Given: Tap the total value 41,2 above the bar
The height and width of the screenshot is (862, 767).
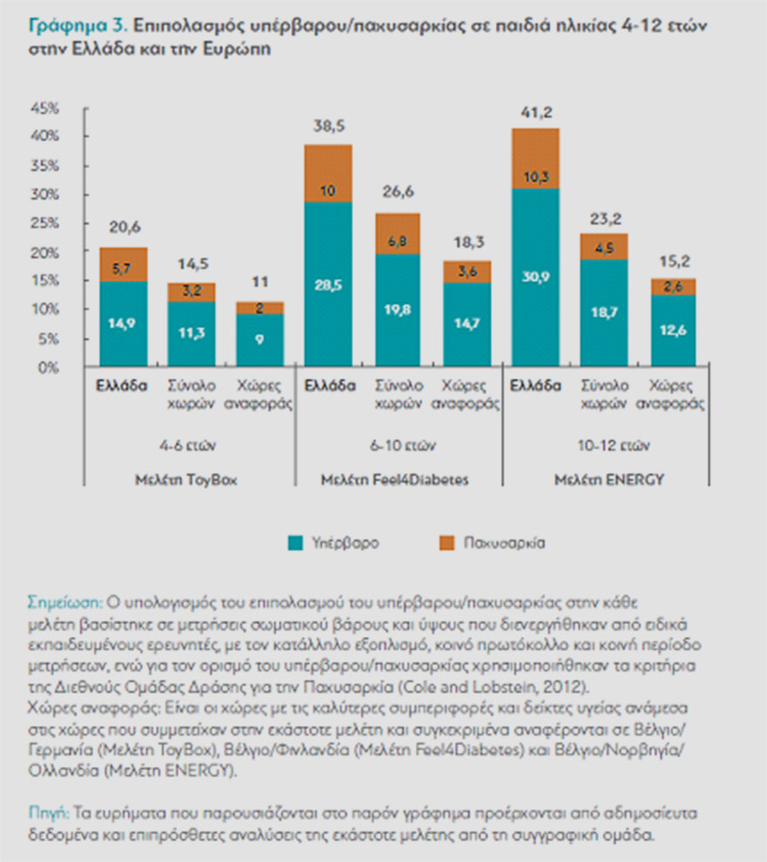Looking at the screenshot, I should [534, 112].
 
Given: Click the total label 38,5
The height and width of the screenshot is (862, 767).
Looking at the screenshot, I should [327, 127].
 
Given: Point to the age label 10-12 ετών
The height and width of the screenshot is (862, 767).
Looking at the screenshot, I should [603, 444].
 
